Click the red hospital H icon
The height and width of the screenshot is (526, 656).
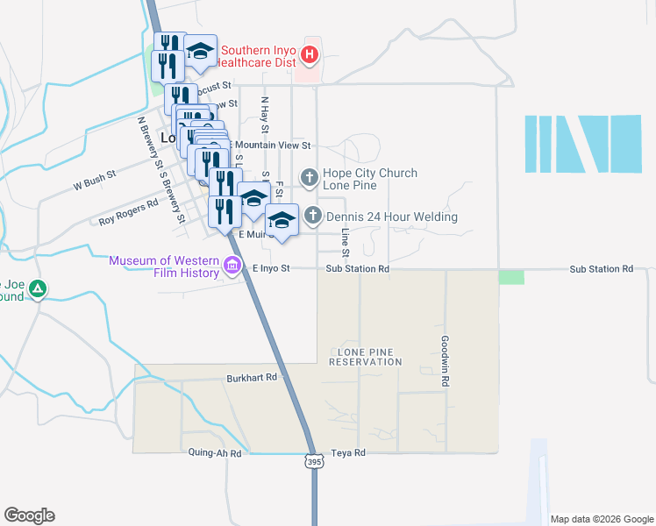[309, 55]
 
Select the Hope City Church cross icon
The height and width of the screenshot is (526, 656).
[309, 179]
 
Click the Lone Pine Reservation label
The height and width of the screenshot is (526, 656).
[365, 356]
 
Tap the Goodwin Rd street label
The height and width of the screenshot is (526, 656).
[446, 361]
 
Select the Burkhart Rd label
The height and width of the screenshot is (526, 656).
[254, 377]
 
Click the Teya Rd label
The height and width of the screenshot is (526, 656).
[348, 453]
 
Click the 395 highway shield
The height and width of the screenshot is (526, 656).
[314, 461]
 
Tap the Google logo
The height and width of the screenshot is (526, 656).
[29, 515]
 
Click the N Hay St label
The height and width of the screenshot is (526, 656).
[264, 114]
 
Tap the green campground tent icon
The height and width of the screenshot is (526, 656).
[37, 288]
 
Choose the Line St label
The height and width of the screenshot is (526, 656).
[346, 243]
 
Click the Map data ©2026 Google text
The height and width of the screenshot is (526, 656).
[601, 519]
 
